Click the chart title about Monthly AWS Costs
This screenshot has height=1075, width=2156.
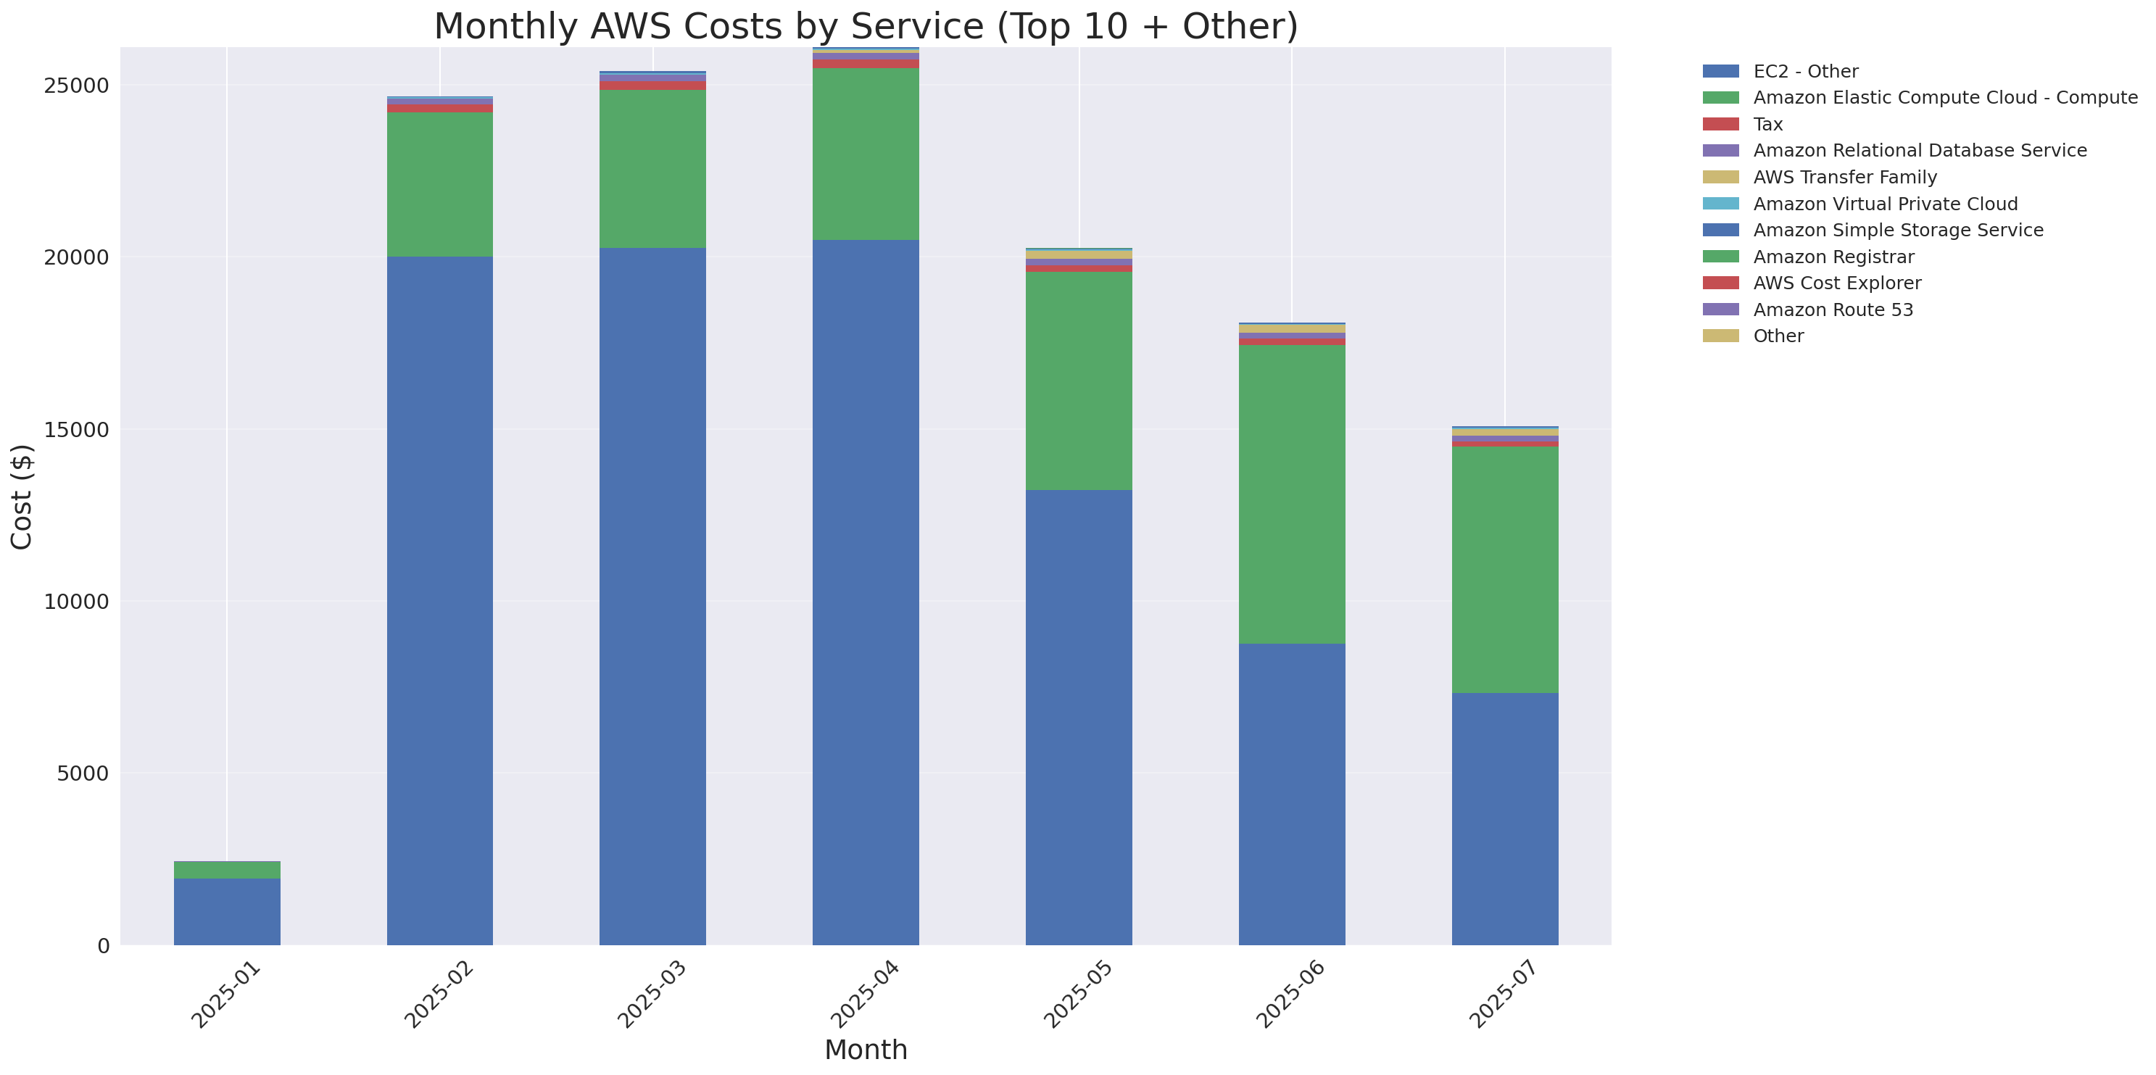866,27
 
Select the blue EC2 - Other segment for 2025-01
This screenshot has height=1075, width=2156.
227,911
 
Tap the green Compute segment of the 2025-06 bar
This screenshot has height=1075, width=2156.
1291,494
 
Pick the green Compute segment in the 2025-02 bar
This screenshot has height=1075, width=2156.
439,184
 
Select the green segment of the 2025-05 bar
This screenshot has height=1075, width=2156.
1079,381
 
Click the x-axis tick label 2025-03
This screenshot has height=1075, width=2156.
652,995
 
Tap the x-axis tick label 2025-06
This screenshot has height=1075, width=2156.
1290,995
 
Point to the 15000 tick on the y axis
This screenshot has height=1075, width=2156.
77,430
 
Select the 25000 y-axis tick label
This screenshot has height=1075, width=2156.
77,86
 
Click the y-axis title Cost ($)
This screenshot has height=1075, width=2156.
22,497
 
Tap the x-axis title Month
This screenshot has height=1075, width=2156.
866,1050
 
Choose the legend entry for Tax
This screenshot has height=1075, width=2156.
1767,125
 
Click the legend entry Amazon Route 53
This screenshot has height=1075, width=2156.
1832,310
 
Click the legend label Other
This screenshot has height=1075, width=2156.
1778,336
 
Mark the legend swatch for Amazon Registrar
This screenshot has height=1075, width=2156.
1720,257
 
